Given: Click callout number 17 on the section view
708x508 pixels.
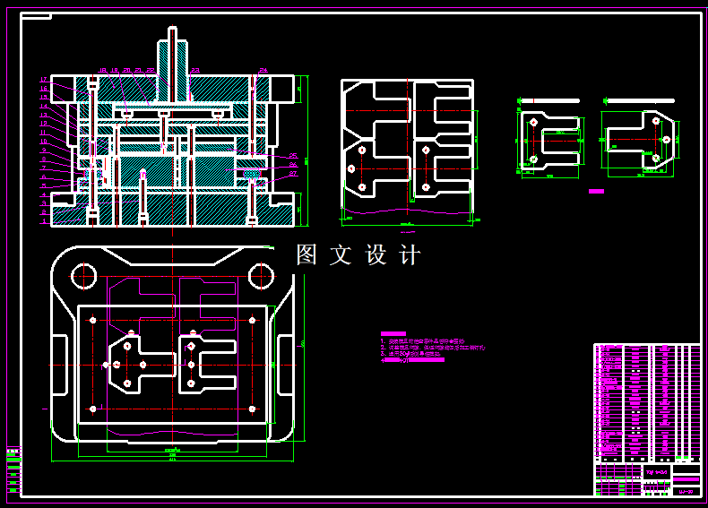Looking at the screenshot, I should (43, 80).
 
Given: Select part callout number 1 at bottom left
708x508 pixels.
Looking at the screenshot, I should (43, 221).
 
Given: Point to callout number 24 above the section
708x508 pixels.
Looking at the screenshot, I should (263, 70).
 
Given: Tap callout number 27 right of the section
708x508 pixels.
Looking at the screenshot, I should (293, 175).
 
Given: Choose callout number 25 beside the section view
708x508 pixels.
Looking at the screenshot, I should (293, 157).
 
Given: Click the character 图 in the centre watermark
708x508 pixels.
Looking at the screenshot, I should (307, 255).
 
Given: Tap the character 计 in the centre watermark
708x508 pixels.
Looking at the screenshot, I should (410, 255).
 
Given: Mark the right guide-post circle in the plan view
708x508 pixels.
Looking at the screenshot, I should (260, 274).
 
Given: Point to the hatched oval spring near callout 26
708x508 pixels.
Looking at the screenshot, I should (252, 172).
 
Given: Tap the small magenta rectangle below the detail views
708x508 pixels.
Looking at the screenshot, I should (596, 191).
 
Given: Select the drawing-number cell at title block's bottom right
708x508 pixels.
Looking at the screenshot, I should (685, 489).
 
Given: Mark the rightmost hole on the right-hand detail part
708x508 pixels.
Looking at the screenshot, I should (665, 138).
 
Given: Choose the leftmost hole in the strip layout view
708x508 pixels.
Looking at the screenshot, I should (351, 168).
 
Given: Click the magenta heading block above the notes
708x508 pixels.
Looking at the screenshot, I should (393, 333).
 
